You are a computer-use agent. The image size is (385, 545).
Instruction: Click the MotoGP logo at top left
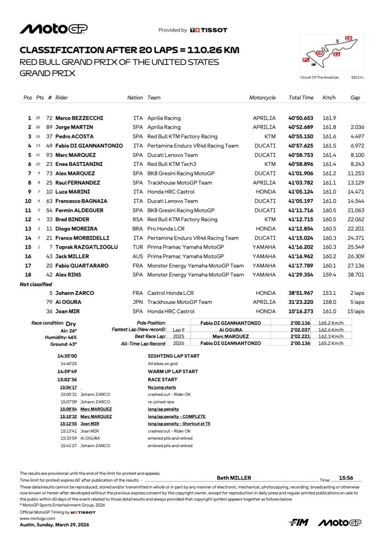pos(53,29)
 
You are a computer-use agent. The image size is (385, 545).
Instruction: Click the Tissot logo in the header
pos(209,30)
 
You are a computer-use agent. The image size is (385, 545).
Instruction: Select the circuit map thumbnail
pos(331,53)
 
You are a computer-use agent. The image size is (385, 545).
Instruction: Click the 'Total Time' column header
pos(301,98)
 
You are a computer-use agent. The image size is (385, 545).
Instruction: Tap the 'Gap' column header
pos(355,98)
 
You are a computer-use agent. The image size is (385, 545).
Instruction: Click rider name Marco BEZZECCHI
pos(79,118)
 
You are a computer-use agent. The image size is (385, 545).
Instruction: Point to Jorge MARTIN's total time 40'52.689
pos(301,127)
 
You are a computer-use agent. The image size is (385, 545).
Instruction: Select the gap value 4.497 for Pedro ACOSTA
pos(357,136)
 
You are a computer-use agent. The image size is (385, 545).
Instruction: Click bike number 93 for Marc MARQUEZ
pos(49,155)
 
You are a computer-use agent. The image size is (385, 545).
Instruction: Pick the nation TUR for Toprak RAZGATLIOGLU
pos(138,247)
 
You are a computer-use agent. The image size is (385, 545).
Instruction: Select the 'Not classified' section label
pos(36,284)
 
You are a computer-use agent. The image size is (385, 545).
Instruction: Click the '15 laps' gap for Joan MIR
pos(356,311)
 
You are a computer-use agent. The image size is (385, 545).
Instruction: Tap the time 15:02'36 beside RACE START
pos(68,379)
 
